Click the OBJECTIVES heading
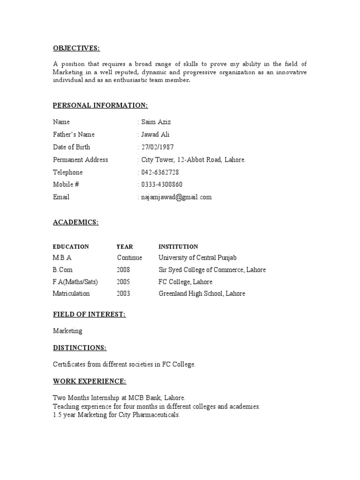(76, 49)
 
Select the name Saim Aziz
(156, 122)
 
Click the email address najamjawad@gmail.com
(176, 197)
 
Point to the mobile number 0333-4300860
(162, 185)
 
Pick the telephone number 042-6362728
(160, 172)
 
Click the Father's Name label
(74, 135)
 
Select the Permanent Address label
(80, 160)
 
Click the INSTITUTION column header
(178, 247)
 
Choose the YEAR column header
(125, 247)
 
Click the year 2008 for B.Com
(123, 270)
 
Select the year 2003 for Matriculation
(123, 294)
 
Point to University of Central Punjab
(197, 258)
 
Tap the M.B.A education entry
(62, 258)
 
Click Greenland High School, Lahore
(202, 294)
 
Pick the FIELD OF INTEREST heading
(89, 315)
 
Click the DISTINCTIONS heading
(79, 348)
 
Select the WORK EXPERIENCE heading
(90, 382)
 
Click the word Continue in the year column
(129, 258)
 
